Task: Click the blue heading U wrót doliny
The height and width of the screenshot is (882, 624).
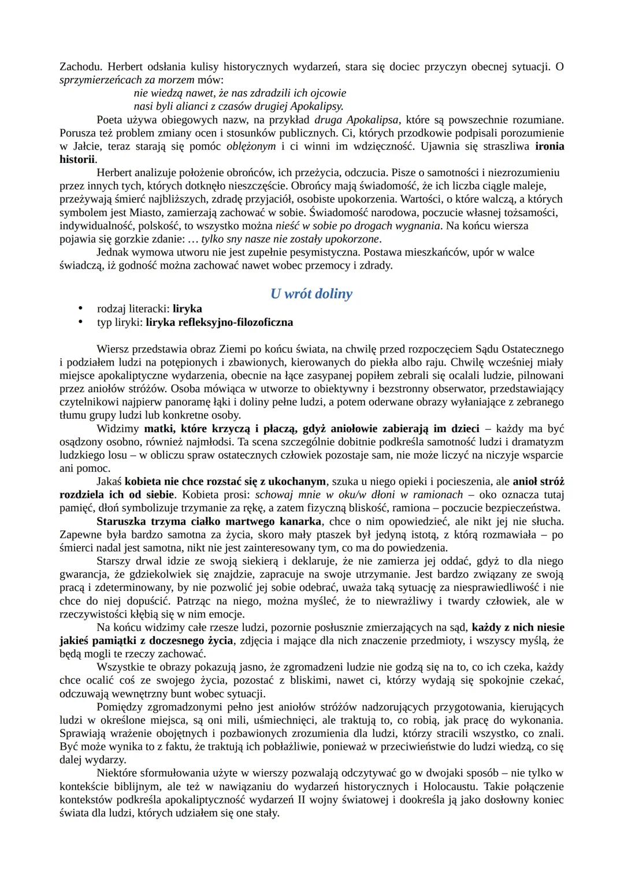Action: (x=311, y=293)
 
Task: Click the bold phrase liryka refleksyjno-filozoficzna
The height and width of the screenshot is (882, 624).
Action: (x=219, y=322)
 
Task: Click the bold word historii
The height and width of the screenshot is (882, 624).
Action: (x=77, y=159)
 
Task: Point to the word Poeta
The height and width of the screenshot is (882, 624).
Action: (x=110, y=120)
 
